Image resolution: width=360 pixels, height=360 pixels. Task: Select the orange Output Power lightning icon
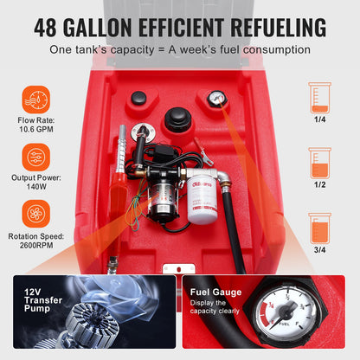click(37, 157)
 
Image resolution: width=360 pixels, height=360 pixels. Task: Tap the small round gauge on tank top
click(217, 100)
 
